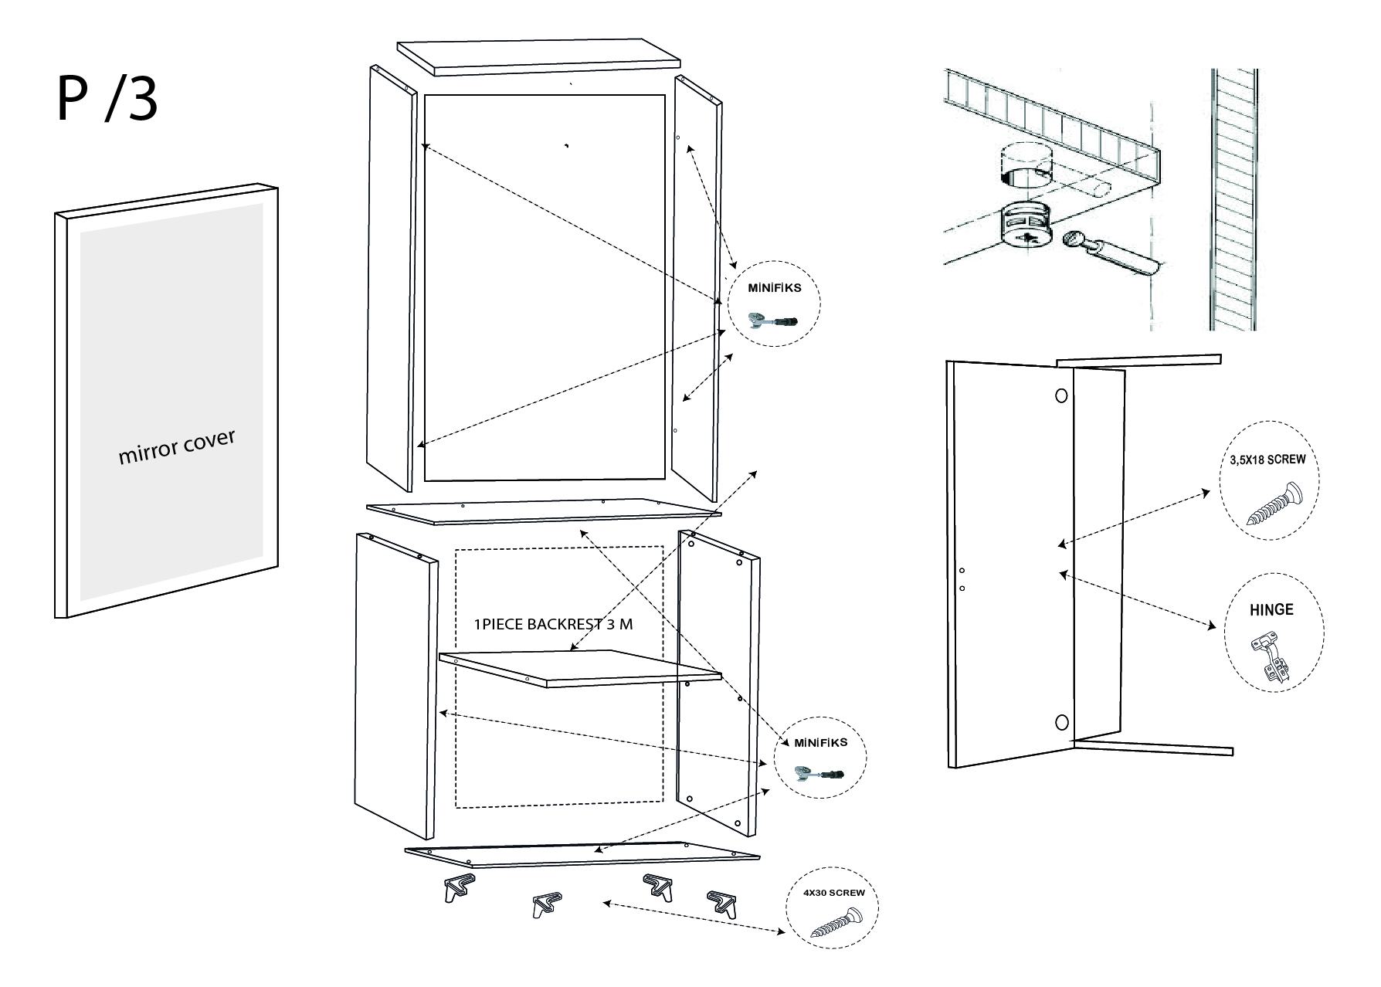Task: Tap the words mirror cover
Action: [x=176, y=447]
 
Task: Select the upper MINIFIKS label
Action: [x=774, y=287]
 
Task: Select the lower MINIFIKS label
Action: [x=820, y=742]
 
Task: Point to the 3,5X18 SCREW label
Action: [x=1267, y=460]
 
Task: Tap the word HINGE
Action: [x=1271, y=609]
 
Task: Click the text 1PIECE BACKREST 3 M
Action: [x=553, y=624]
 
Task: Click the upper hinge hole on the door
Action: [x=1061, y=395]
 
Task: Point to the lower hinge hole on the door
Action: [x=1061, y=722]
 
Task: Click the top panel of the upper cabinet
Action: [x=539, y=56]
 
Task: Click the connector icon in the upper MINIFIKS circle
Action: [x=773, y=318]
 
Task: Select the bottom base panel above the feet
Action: [x=582, y=854]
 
